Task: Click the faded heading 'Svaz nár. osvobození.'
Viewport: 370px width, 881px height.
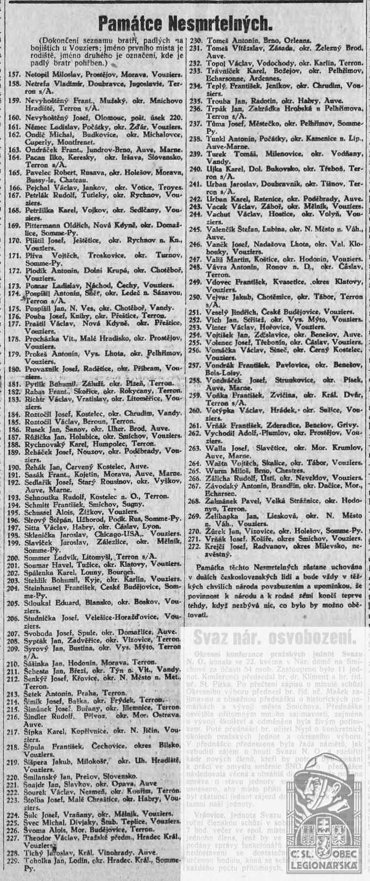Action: (x=275, y=638)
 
